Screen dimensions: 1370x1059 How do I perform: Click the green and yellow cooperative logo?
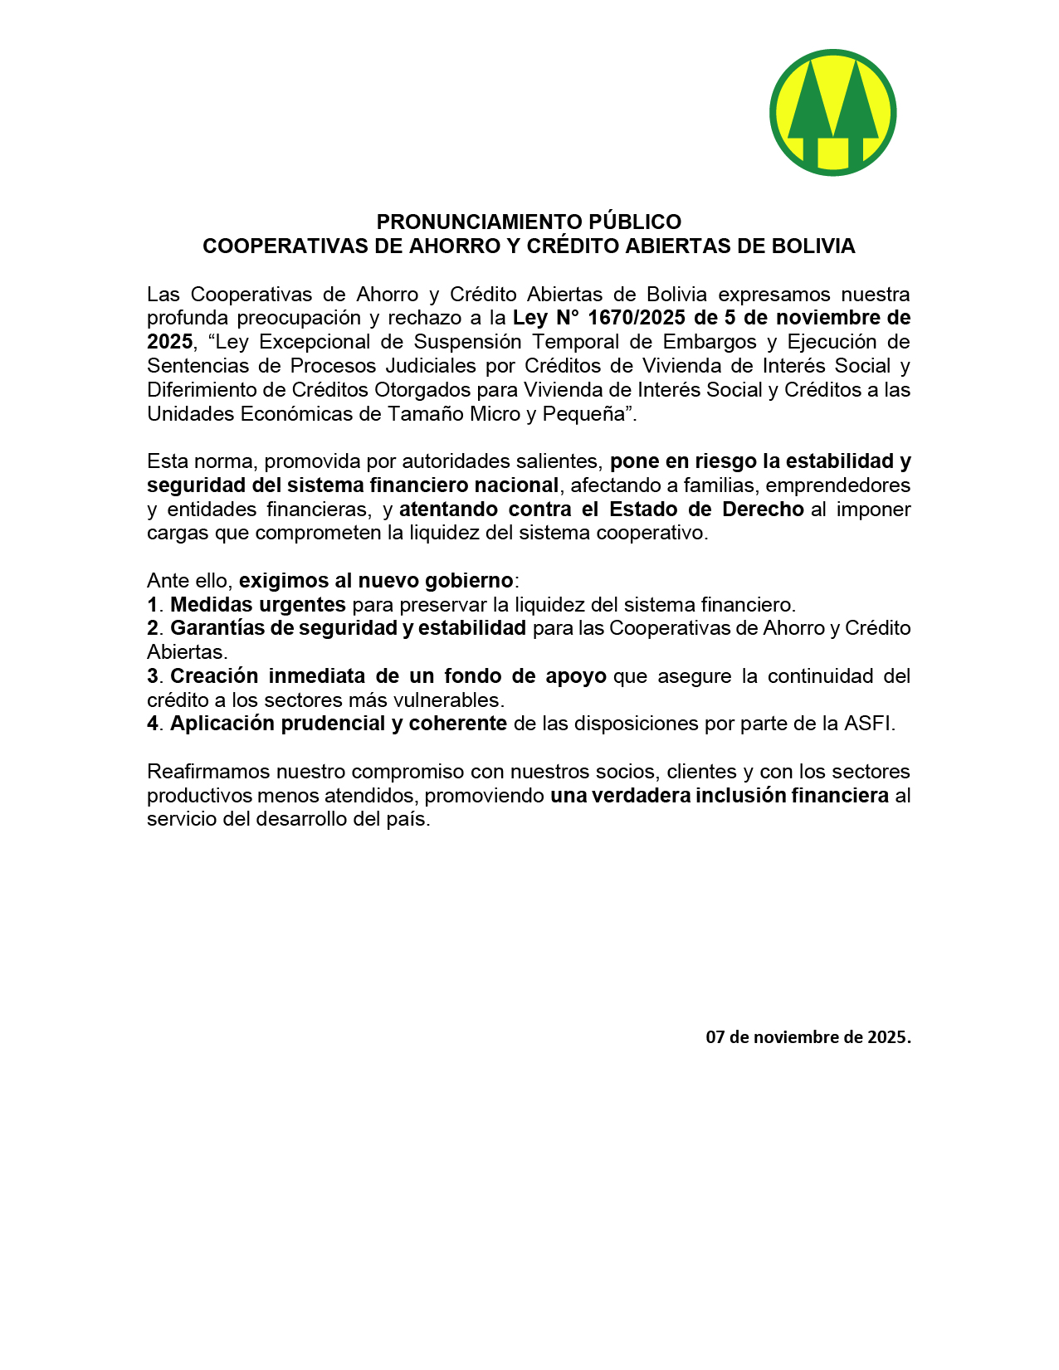pos(832,113)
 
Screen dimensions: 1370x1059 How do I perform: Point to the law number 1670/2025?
pos(636,318)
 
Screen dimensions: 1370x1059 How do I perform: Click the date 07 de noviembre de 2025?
pos(808,1037)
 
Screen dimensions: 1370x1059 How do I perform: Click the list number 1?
pos(152,605)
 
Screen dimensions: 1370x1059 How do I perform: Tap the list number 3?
pos(152,676)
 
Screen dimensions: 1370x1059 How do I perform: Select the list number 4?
pos(153,724)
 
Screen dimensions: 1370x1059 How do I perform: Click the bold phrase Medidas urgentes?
pos(257,605)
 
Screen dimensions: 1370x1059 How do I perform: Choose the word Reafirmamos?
pos(207,772)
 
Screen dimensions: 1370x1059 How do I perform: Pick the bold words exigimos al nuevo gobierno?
pos(376,581)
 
